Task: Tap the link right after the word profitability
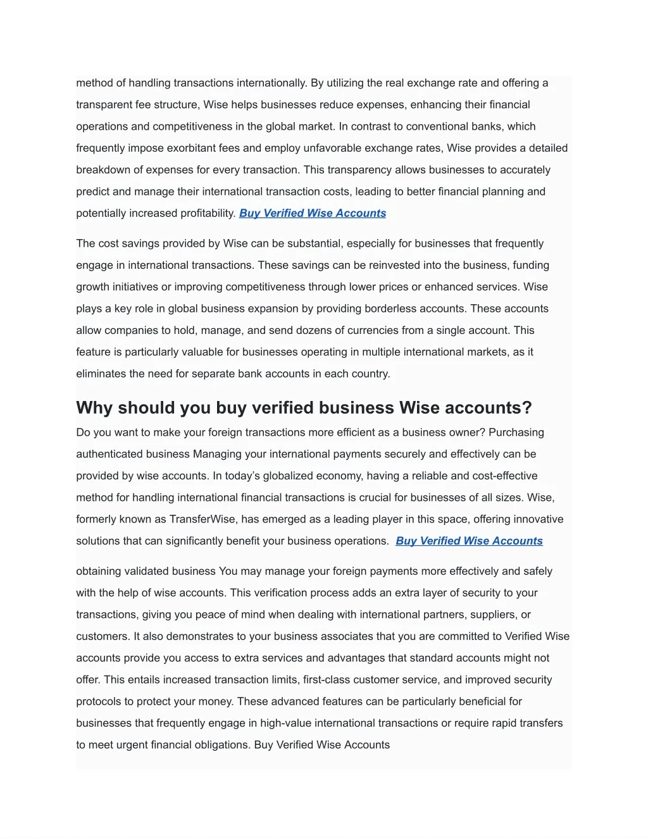pyautogui.click(x=313, y=213)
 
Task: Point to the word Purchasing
pyautogui.click(x=516, y=433)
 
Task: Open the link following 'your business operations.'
pyautogui.click(x=469, y=541)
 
